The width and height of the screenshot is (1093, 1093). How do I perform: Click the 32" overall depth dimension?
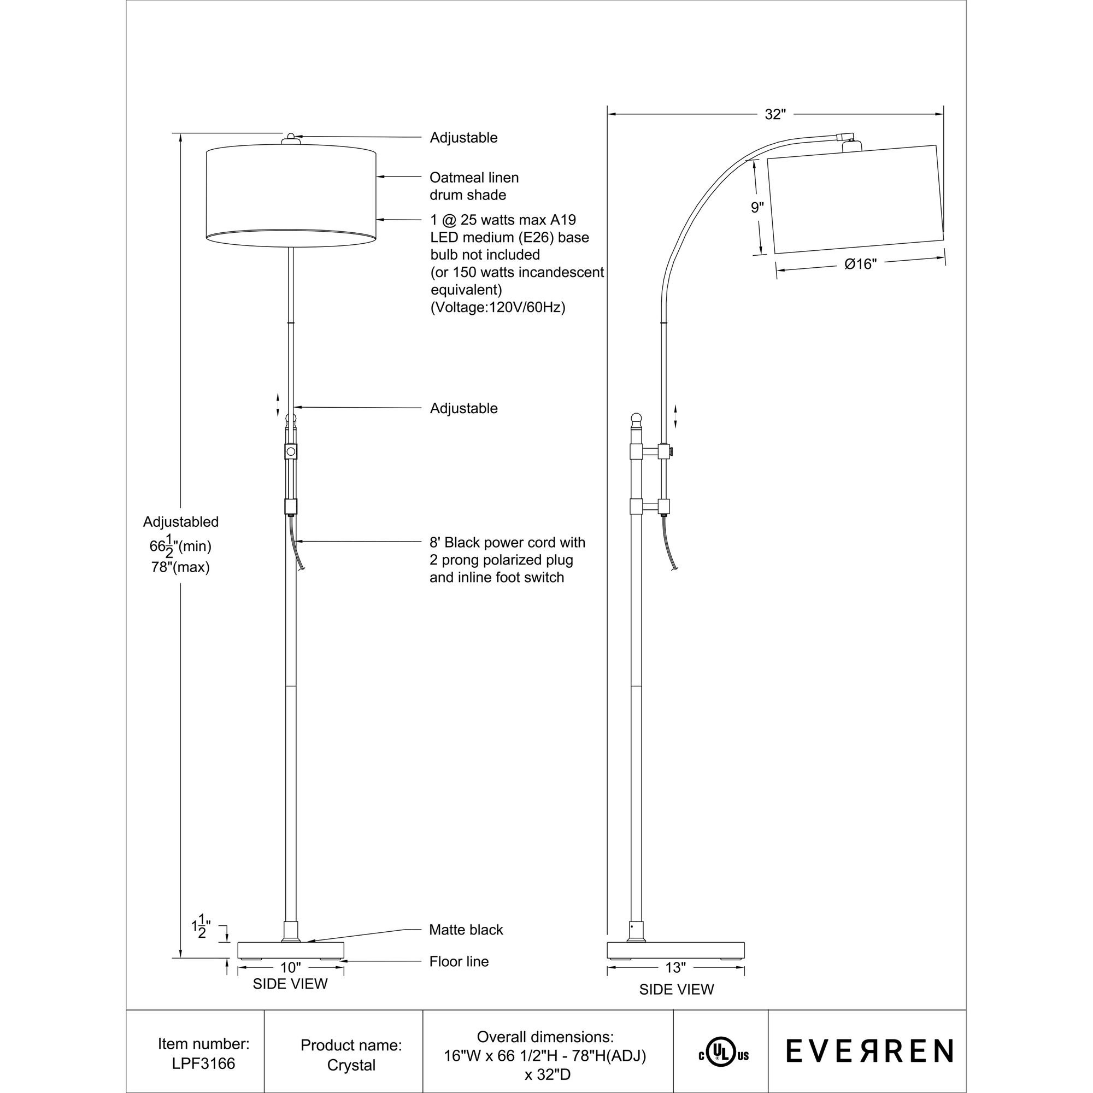tap(775, 114)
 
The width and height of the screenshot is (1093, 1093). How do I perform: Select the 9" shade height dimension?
tap(757, 208)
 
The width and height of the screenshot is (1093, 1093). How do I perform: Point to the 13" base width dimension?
tap(675, 968)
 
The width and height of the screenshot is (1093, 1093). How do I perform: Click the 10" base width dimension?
tap(291, 967)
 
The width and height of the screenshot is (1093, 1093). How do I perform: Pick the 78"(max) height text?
tap(180, 567)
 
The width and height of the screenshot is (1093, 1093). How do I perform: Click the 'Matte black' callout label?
tap(466, 930)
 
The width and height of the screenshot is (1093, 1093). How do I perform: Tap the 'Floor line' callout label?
tap(459, 961)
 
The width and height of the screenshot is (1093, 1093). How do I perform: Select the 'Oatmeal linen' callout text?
tap(474, 178)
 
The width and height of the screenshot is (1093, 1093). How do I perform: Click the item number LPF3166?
tap(203, 1063)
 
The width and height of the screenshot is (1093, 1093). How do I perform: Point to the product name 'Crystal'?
tap(351, 1065)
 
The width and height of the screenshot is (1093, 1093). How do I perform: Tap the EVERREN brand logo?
tap(869, 1051)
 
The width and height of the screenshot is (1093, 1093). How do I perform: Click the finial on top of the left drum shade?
tap(290, 138)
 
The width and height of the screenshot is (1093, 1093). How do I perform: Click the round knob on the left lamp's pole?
tap(291, 451)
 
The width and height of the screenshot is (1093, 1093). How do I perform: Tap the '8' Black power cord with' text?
tap(508, 543)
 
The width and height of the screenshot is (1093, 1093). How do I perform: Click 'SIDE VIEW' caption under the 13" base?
tap(677, 990)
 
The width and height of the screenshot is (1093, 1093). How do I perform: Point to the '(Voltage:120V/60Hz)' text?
tap(498, 307)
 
